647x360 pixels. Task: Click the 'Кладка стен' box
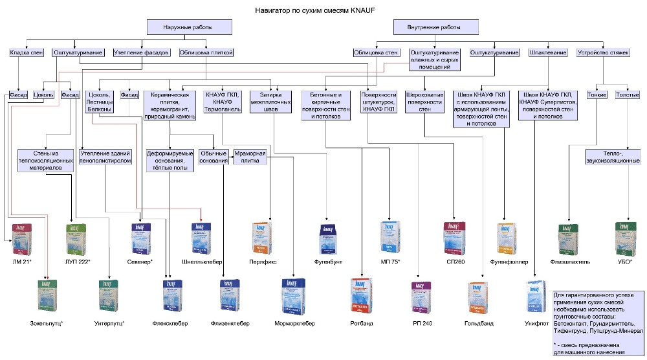pyautogui.click(x=25, y=52)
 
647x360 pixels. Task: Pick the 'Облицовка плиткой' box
pyautogui.click(x=206, y=52)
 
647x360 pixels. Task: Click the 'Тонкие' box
pyautogui.click(x=597, y=95)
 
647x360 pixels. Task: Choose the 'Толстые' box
pyautogui.click(x=628, y=95)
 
